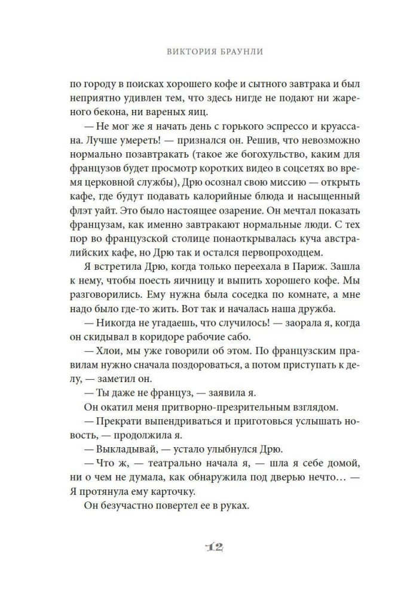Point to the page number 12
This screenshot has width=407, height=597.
tap(204, 547)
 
